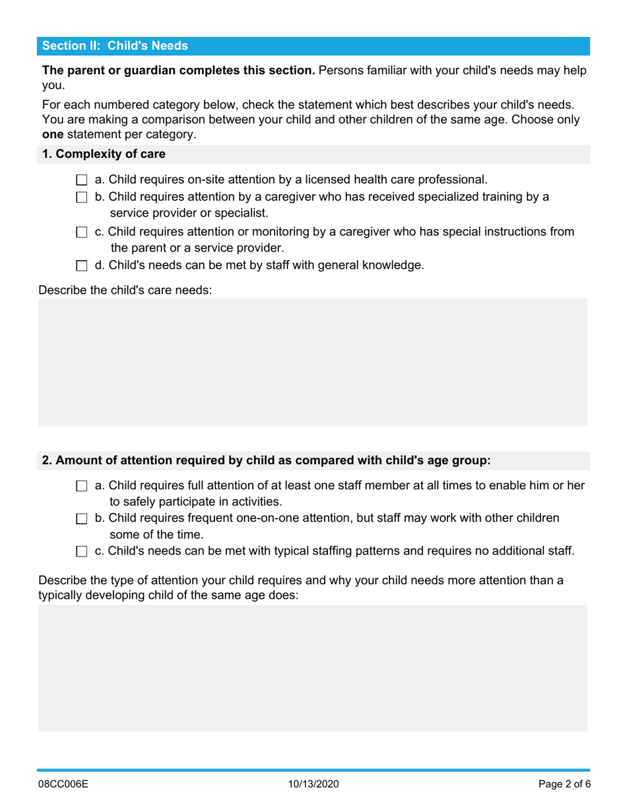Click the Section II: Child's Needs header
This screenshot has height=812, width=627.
[115, 46]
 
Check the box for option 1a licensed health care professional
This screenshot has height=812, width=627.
[81, 180]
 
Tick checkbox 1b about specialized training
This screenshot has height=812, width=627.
[81, 197]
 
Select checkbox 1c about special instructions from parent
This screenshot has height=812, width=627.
[81, 232]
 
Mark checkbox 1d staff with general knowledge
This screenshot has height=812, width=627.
[81, 266]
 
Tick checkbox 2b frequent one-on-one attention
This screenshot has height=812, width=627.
[81, 519]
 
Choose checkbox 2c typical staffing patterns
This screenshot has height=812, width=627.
[81, 551]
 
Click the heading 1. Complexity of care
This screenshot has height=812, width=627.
[104, 154]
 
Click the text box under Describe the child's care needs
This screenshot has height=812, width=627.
[313, 362]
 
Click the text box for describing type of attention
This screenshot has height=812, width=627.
[313, 667]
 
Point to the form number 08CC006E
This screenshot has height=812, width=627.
[63, 785]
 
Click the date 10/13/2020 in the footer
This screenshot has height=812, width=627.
[313, 785]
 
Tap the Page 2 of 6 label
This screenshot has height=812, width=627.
[563, 785]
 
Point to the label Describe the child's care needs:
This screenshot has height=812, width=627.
[125, 290]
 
